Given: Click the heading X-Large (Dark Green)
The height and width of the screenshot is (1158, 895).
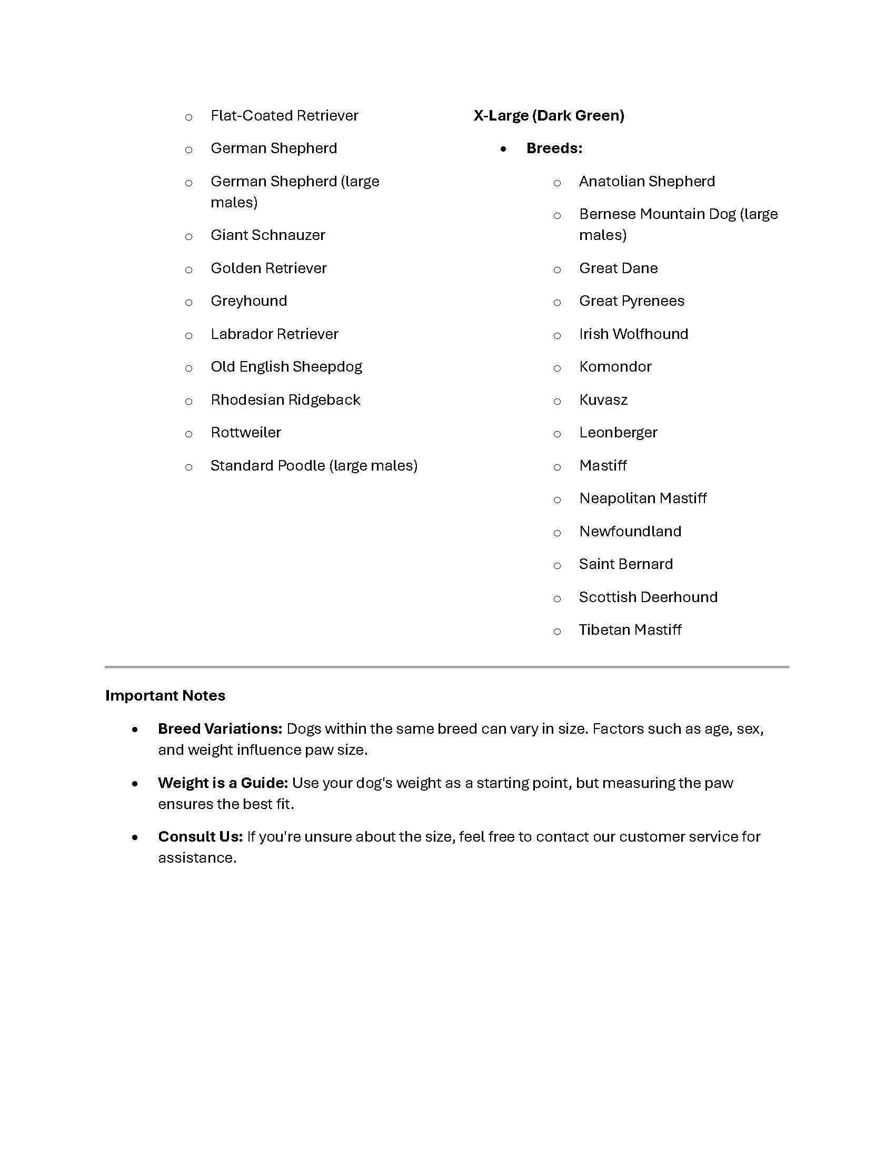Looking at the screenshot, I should [x=549, y=116].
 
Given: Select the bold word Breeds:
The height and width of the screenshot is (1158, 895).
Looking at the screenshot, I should [x=554, y=148].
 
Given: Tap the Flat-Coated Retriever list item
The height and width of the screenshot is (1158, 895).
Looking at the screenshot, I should [x=284, y=116].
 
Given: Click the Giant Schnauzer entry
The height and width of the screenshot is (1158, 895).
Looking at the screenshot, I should [x=268, y=235].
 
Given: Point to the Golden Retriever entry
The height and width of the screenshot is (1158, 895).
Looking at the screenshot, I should [x=268, y=268].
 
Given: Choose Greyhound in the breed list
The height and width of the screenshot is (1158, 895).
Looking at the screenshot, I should [x=248, y=301].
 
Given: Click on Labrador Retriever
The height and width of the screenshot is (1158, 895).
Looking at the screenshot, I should [x=274, y=334].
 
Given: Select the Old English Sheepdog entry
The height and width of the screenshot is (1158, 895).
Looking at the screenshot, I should [x=286, y=367].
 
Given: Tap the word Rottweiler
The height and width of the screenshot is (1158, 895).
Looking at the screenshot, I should [x=245, y=433].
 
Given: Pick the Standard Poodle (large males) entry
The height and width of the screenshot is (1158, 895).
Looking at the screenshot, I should [x=314, y=465].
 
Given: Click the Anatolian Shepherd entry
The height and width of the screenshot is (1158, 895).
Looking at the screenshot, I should [x=647, y=182].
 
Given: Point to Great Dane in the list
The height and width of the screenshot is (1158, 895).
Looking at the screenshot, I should [x=618, y=268].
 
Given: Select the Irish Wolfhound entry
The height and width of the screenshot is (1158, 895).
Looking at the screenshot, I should [x=633, y=334].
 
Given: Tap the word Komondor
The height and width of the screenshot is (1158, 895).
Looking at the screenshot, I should [x=615, y=367].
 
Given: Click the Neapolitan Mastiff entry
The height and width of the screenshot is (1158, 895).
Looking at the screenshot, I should [x=643, y=498].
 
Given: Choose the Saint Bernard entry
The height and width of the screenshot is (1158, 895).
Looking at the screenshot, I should [x=625, y=564].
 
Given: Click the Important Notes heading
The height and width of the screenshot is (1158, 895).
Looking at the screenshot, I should [x=165, y=696].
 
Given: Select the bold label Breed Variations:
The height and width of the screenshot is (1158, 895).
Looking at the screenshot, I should [x=220, y=729].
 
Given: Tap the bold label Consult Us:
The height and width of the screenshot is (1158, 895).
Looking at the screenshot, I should [x=201, y=837].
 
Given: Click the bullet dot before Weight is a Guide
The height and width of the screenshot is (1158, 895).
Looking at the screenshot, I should [x=135, y=784].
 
